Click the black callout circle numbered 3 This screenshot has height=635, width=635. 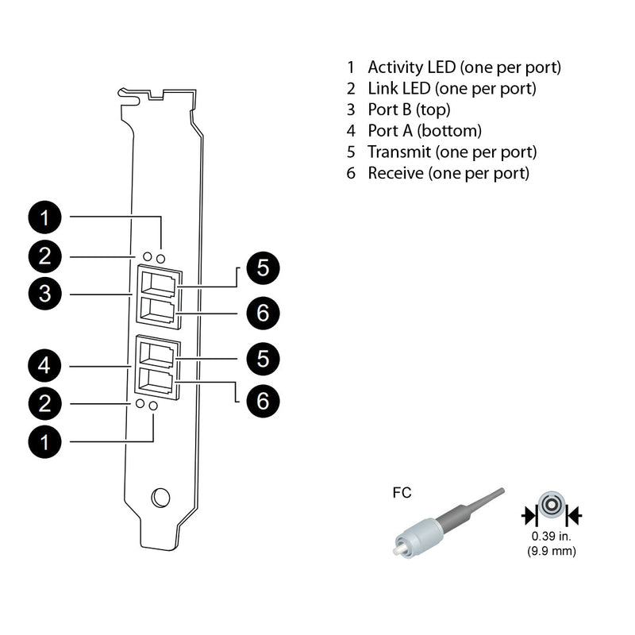(x=46, y=294)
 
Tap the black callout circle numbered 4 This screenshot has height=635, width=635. (x=46, y=366)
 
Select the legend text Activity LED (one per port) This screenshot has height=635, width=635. (x=464, y=67)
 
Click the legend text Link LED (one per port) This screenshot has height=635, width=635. (x=452, y=88)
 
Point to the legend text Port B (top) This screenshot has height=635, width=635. (x=410, y=110)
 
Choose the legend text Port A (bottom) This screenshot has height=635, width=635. (x=425, y=130)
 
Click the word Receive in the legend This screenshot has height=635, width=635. (x=395, y=172)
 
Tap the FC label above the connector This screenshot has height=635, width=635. (x=402, y=493)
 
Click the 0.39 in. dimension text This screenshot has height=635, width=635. (x=552, y=537)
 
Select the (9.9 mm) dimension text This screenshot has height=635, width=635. (x=552, y=551)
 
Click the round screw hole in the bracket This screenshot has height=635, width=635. (x=160, y=497)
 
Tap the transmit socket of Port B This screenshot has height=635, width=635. (x=159, y=282)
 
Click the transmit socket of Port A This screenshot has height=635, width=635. (x=159, y=352)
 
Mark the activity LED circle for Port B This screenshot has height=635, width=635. (x=161, y=258)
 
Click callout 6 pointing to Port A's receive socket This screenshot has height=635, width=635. (x=263, y=400)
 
